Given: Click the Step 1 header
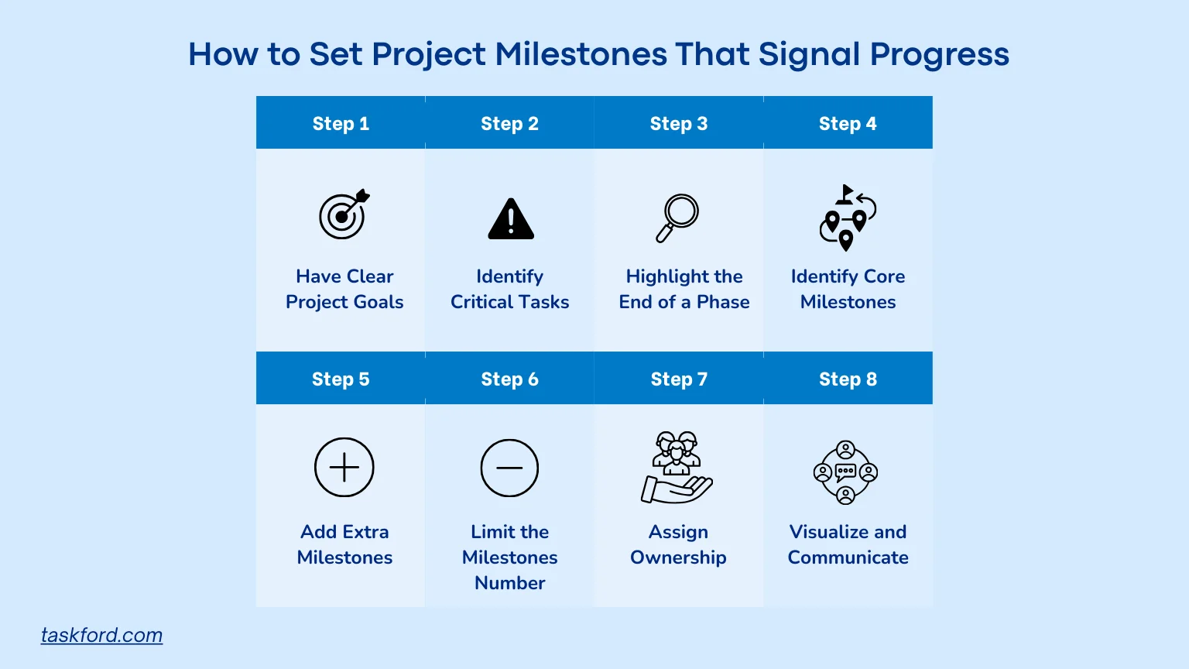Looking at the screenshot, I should [341, 123].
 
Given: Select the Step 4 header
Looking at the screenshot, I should [848, 123].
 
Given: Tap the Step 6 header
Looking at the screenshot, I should [509, 379].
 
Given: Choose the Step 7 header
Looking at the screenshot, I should [679, 379].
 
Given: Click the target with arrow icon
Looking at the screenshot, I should [344, 214].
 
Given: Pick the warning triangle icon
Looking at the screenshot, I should [511, 219].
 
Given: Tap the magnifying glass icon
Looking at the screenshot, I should [677, 218].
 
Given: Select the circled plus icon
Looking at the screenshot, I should [344, 468].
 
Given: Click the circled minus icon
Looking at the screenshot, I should [509, 468].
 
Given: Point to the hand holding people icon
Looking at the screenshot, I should [677, 468].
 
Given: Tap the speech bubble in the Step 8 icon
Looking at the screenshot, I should [846, 471].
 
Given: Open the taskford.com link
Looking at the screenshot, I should [101, 635].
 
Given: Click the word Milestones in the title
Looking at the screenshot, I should [581, 54].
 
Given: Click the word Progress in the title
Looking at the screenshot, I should [939, 54].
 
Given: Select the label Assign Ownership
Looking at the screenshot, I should [678, 544].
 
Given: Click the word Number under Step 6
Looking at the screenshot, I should [509, 583].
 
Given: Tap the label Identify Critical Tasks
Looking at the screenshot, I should [509, 289].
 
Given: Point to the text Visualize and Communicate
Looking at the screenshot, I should [848, 544].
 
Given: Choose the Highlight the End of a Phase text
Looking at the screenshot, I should [684, 289].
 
